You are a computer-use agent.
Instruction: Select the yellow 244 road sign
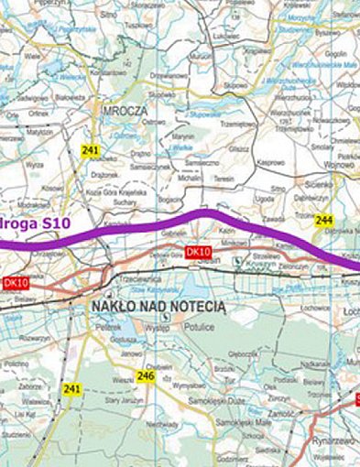point(323,221)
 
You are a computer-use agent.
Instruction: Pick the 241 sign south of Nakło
point(72,389)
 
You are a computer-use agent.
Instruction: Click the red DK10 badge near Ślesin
point(198,252)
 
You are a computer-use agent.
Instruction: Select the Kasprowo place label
point(272,161)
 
